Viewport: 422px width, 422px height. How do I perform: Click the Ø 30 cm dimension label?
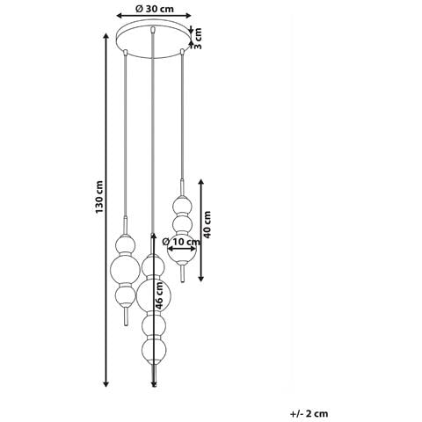coord(154,9)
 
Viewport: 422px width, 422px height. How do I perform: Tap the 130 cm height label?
coord(99,197)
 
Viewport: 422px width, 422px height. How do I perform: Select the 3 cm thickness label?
coord(198,39)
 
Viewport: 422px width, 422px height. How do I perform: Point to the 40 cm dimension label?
coord(207,224)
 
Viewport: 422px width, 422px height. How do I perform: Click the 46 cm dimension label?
coord(159,295)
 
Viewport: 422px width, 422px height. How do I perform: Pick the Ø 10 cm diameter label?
coord(181,242)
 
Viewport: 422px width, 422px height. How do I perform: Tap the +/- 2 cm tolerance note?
coord(309,413)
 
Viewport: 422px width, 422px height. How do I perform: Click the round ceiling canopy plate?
coord(153,39)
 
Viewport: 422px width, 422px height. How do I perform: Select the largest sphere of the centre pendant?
coord(153,295)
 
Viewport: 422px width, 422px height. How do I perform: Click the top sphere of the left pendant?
coord(126,244)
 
